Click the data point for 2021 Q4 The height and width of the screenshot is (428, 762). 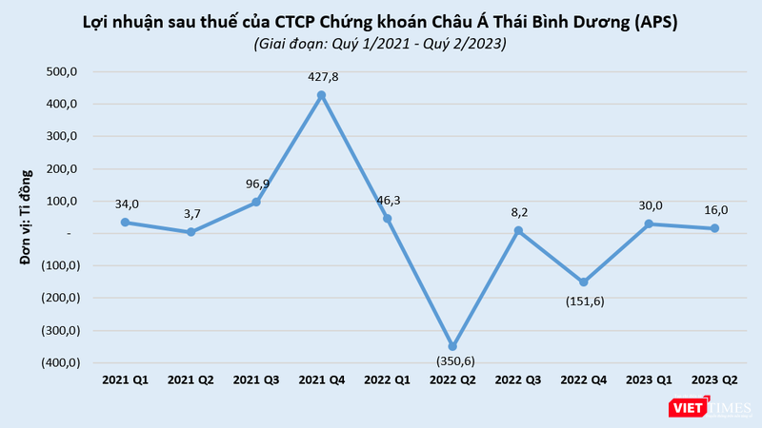coord(321,94)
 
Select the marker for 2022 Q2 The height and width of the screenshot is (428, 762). coord(452,346)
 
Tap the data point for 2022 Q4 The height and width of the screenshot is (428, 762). coord(584,282)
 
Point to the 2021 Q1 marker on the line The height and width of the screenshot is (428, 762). coord(125,222)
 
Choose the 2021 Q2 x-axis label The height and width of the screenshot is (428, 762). coord(190,380)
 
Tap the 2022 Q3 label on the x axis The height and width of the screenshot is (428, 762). coord(518,380)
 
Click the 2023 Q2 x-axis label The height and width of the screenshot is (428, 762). coord(714,380)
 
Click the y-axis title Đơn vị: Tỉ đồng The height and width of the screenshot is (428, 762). coord(28,216)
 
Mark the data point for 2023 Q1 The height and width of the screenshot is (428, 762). coord(650,224)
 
